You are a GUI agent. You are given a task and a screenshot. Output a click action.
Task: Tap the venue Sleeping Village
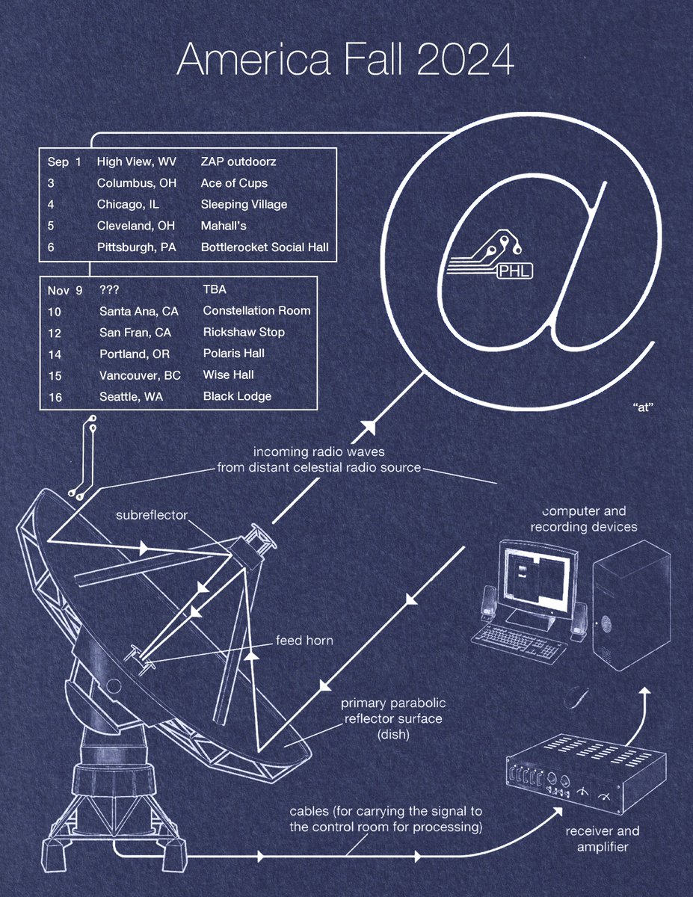[x=244, y=204]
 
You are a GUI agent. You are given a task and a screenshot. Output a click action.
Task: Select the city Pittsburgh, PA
[x=137, y=247]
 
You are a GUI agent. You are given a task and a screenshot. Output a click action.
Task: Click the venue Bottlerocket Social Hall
[x=265, y=247]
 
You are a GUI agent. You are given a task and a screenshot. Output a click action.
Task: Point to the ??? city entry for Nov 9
[x=110, y=289]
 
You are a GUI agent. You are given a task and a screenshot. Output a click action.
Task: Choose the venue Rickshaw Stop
[x=244, y=332]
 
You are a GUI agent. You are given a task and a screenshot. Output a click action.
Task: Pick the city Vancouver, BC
[x=140, y=374]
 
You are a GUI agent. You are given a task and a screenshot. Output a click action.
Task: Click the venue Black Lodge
[x=237, y=396]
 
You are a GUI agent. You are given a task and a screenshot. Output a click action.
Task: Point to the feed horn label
[x=304, y=641]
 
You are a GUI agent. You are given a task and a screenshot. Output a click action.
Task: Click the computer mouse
[x=576, y=697]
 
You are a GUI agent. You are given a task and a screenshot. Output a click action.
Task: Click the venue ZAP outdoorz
[x=238, y=161]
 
